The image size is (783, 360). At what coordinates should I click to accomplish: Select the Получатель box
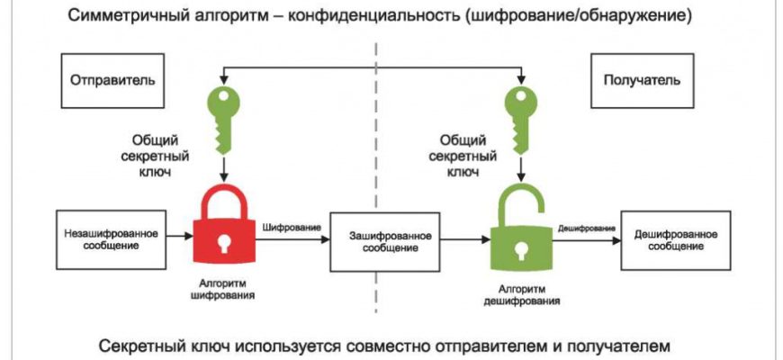(641, 79)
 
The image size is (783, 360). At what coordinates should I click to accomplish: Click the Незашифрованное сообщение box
(112, 239)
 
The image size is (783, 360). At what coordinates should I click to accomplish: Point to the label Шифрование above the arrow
(292, 228)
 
